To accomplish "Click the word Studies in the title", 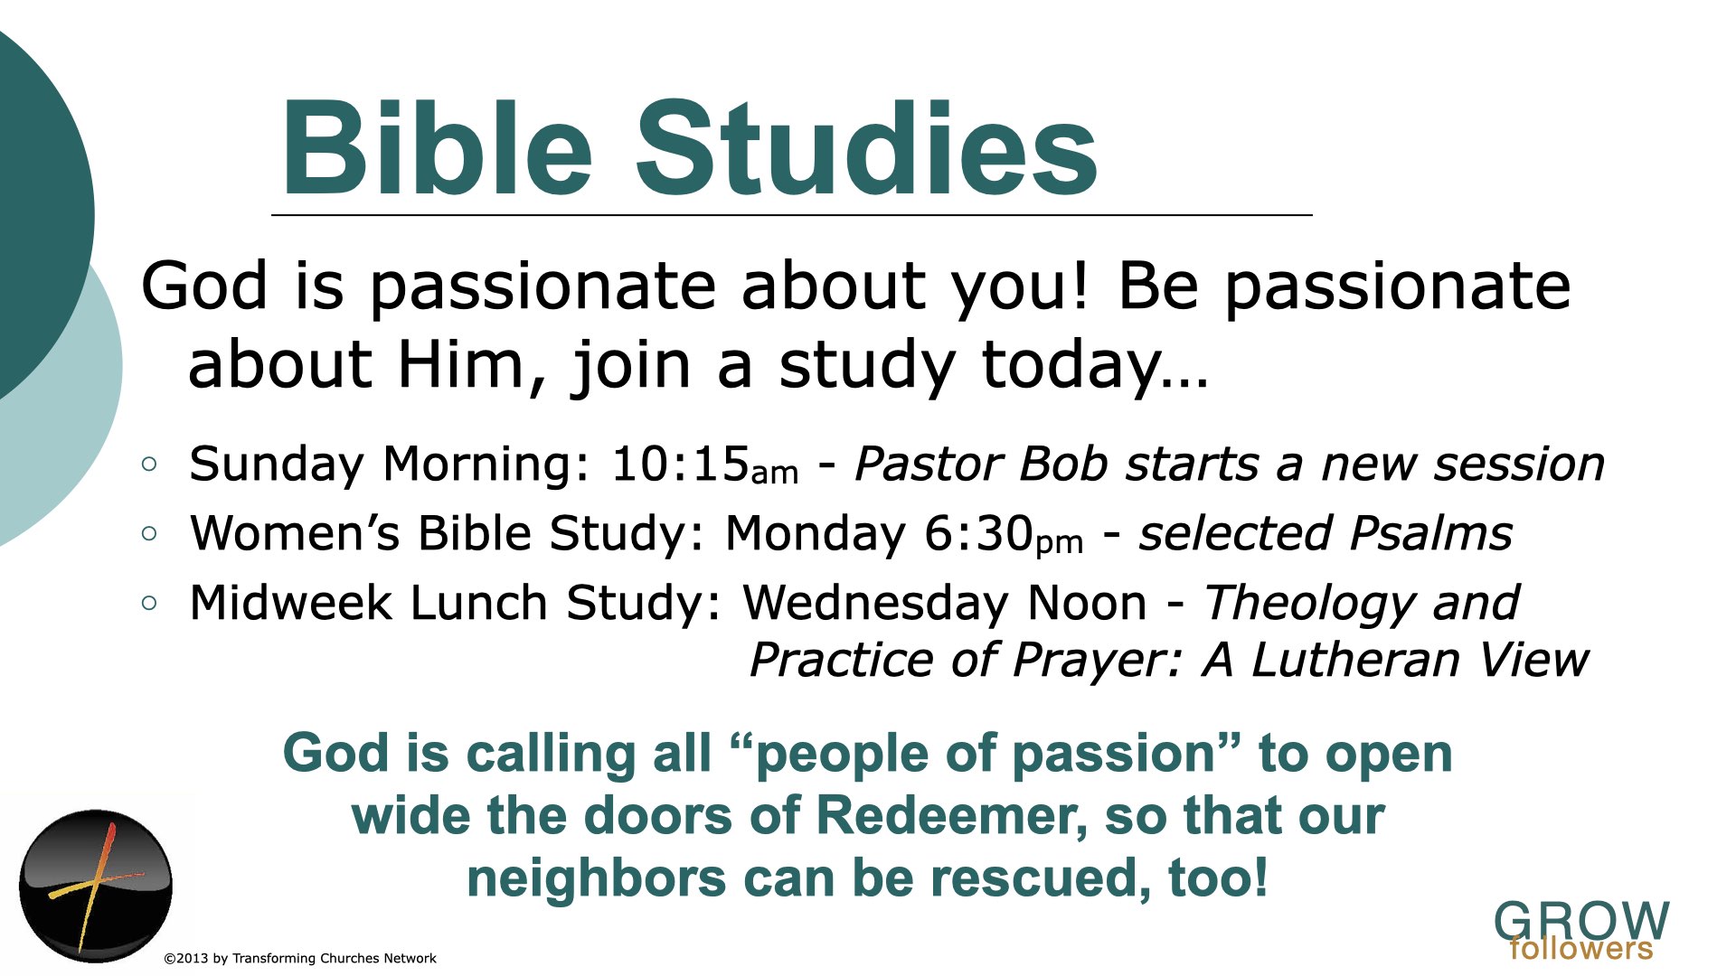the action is pos(867,147).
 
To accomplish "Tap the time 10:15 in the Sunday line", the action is pos(681,464).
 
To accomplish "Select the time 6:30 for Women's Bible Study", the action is pos(978,533).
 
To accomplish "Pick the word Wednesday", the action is pos(874,603).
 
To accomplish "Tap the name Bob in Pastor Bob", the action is pos(1063,464).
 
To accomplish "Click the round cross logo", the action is pos(96,886).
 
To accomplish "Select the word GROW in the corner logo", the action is pos(1581,920).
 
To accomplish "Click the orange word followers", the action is pos(1581,949).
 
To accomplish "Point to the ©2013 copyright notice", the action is pos(300,958).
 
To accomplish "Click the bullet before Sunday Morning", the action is pos(150,465).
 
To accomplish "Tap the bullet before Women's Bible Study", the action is pos(150,534).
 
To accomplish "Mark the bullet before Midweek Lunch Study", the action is pos(150,604).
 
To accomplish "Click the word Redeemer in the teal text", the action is pos(952,815).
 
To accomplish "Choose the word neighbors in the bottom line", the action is pos(597,877).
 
